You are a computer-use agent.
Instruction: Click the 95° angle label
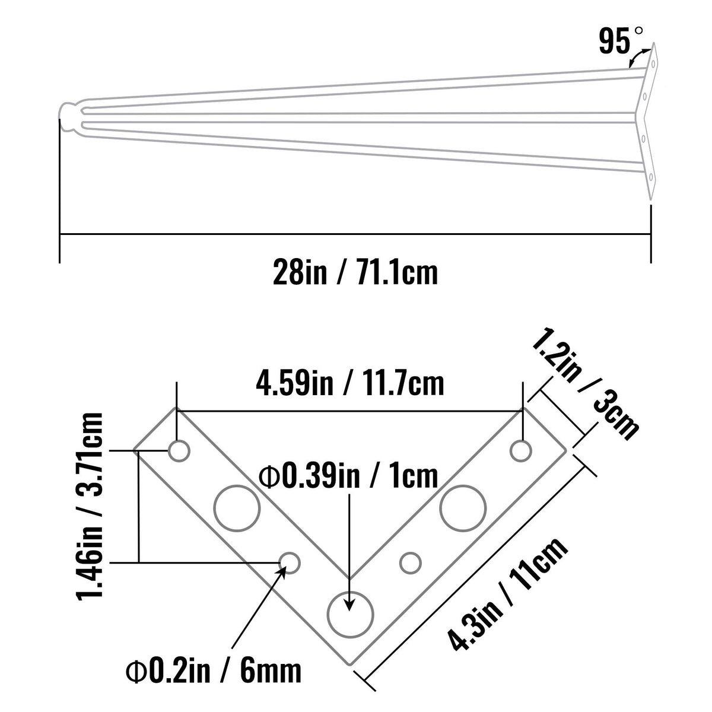click(620, 41)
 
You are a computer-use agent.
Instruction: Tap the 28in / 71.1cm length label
click(355, 272)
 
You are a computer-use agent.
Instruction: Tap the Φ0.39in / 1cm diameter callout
click(348, 476)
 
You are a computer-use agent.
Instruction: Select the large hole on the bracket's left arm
click(237, 508)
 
